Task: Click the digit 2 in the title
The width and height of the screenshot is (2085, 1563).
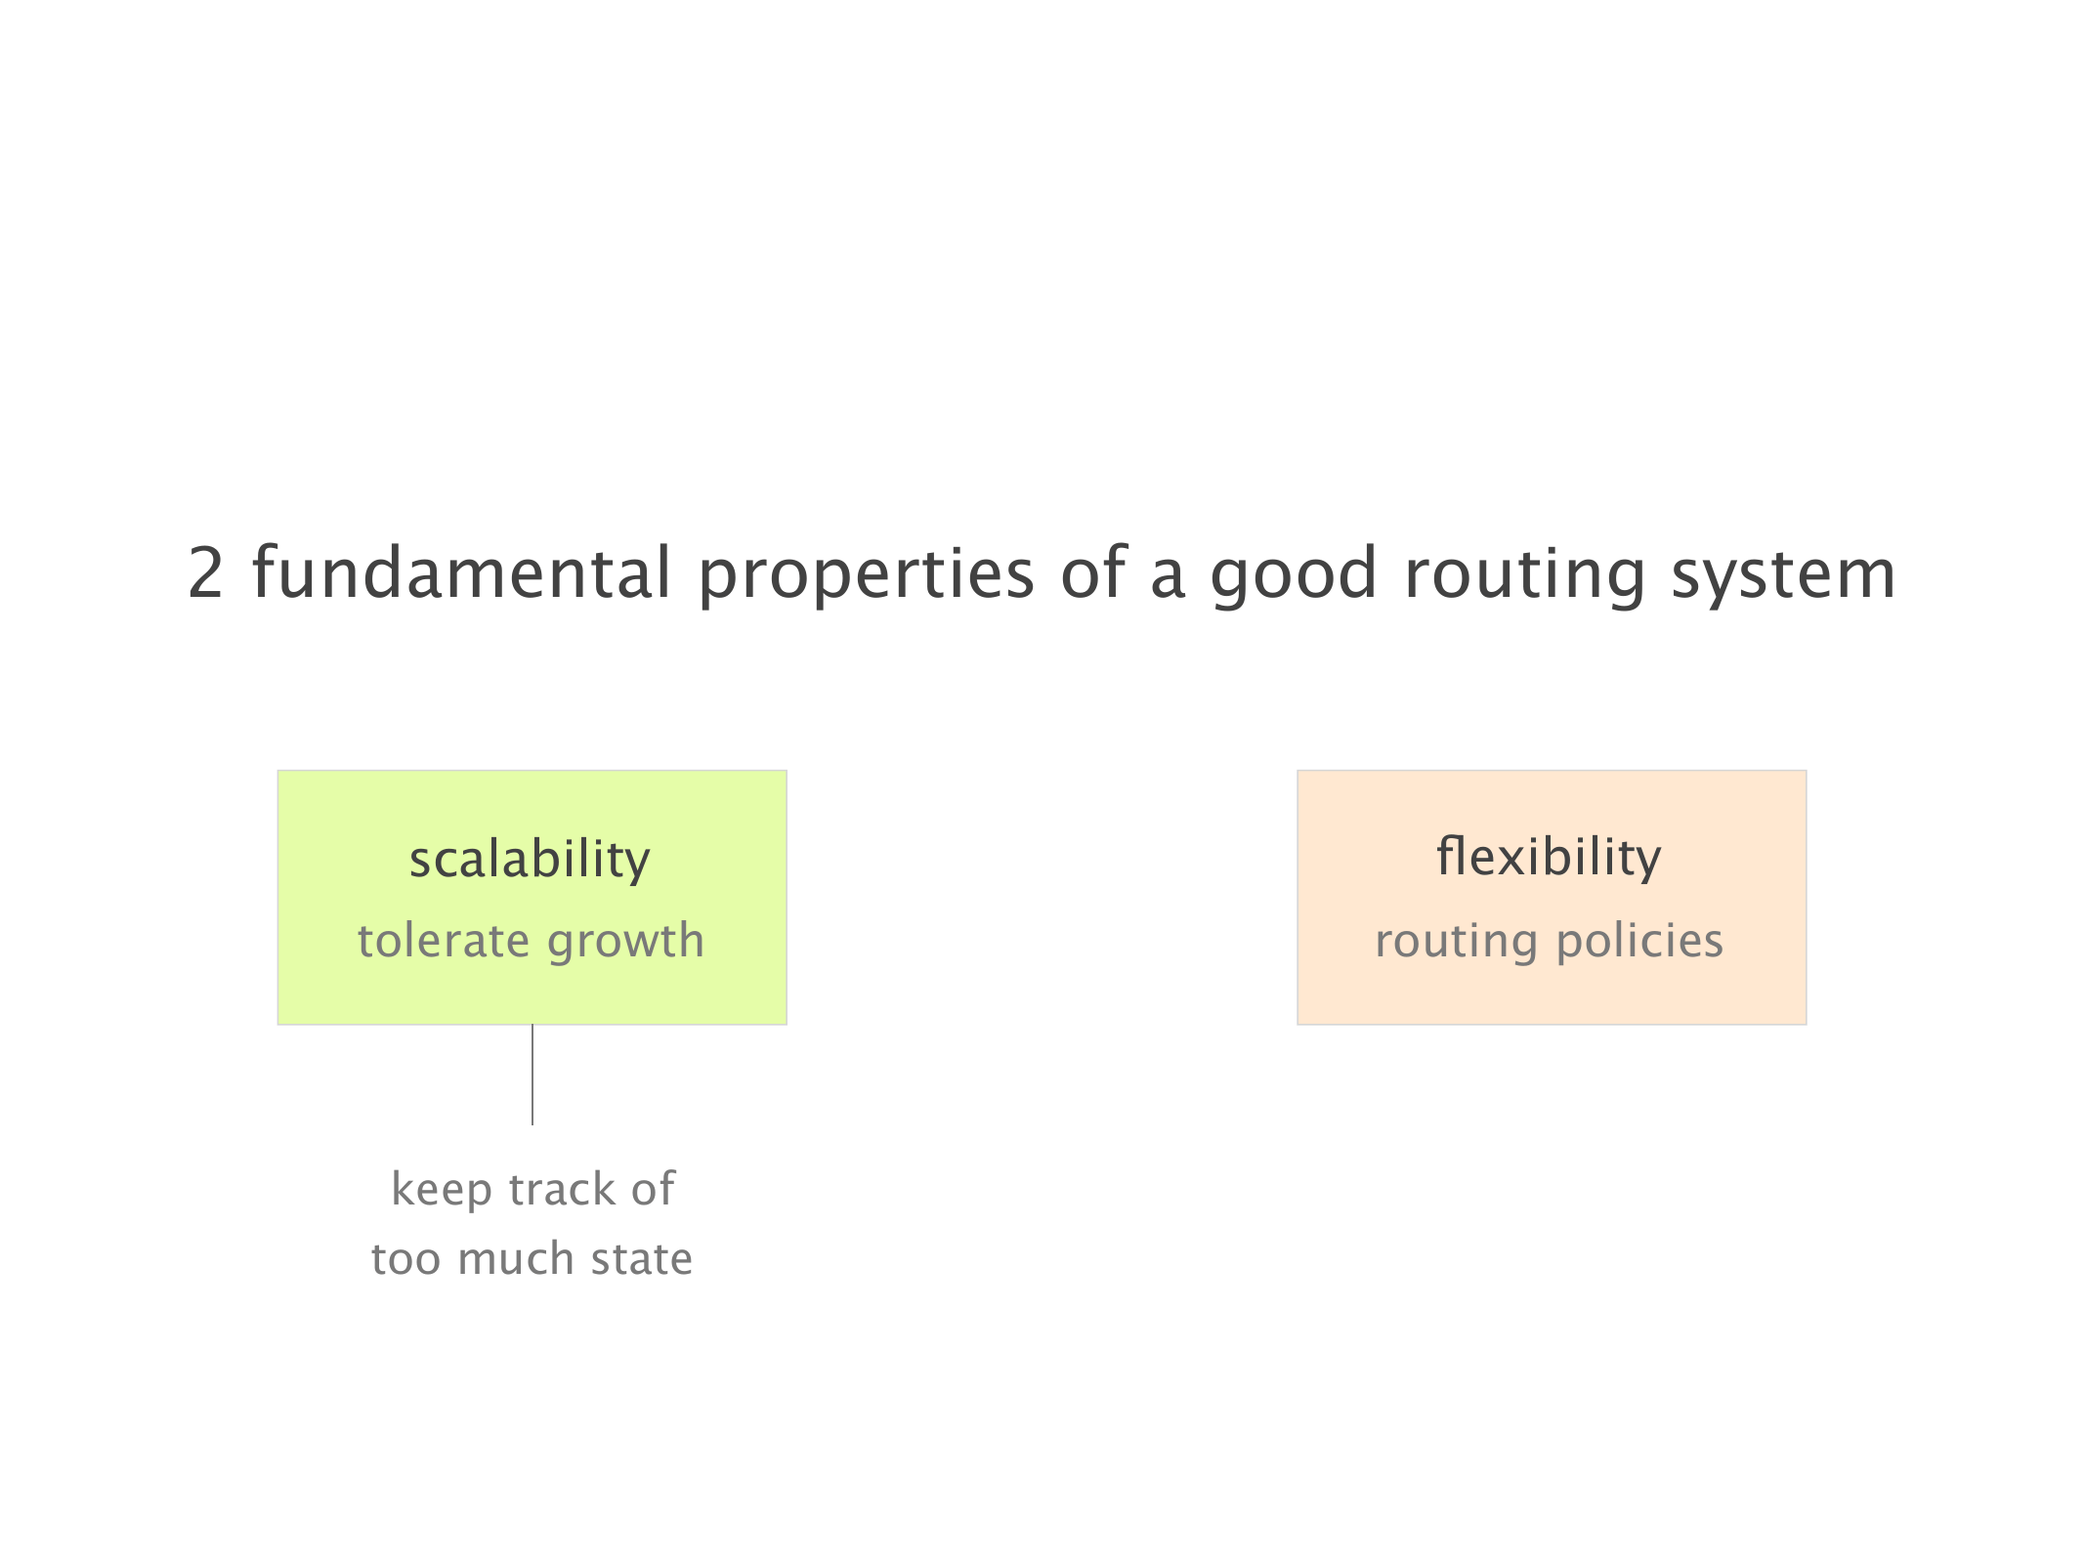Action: pos(205,573)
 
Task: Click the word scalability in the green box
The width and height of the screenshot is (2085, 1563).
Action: pos(530,860)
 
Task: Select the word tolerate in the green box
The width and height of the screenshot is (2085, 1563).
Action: pos(444,941)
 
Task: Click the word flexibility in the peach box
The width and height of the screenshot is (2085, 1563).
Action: pos(1549,857)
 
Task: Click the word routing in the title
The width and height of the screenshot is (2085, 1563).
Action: pos(1525,576)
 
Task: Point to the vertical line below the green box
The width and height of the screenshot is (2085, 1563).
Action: pos(532,1075)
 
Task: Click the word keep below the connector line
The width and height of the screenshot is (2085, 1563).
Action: pos(442,1191)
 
